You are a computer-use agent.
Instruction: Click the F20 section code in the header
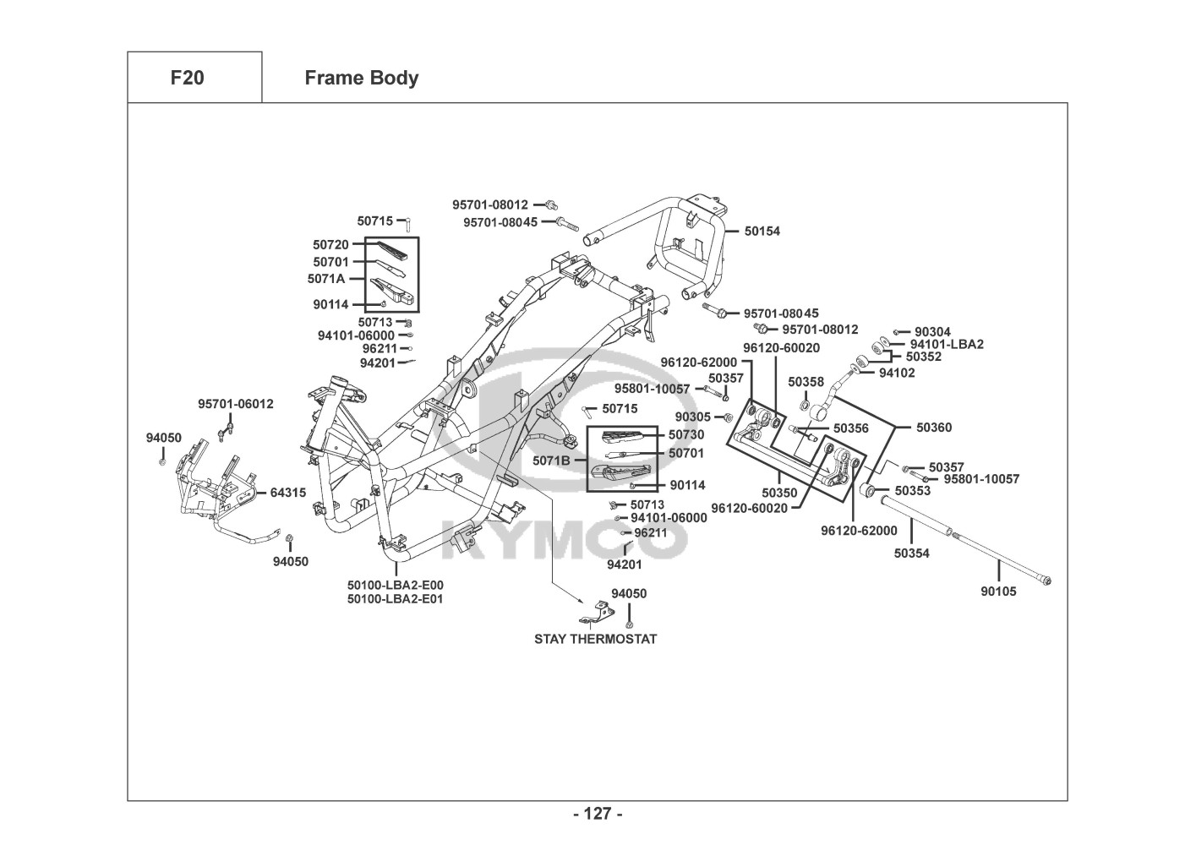click(x=187, y=78)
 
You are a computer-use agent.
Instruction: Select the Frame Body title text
click(x=361, y=78)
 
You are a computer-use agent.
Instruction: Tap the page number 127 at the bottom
click(x=598, y=814)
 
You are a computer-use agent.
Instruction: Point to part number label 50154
click(x=762, y=231)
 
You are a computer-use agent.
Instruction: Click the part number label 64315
click(x=288, y=493)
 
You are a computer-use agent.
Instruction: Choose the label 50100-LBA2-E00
click(x=395, y=585)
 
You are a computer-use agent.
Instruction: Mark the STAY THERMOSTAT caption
click(x=595, y=639)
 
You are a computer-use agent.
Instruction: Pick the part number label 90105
click(x=998, y=591)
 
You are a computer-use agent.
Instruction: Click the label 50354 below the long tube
click(x=912, y=553)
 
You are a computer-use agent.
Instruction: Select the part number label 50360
click(x=934, y=428)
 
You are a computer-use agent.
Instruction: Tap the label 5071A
click(x=325, y=278)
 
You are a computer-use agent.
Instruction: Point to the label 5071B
click(x=550, y=461)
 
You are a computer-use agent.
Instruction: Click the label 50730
click(x=686, y=434)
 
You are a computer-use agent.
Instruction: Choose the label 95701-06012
click(x=236, y=404)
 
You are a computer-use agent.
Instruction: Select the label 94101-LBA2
click(x=947, y=344)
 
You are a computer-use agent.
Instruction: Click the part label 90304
click(x=932, y=332)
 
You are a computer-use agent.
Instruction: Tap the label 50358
click(x=806, y=382)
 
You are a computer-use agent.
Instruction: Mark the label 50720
click(x=330, y=244)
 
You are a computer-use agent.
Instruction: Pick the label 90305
click(x=693, y=417)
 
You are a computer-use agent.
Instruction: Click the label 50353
click(x=913, y=491)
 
